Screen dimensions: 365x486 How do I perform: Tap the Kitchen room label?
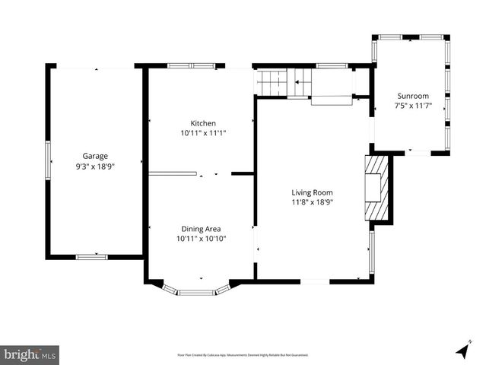tap(203, 123)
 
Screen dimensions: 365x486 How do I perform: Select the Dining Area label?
tap(201, 228)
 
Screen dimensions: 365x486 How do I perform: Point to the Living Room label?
tap(313, 192)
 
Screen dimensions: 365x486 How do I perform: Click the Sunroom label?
tap(413, 97)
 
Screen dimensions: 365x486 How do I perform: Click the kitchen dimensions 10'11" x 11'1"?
tap(203, 133)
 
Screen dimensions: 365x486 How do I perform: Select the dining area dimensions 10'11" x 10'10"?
tap(201, 238)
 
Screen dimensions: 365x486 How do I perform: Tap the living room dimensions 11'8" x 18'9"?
tap(313, 202)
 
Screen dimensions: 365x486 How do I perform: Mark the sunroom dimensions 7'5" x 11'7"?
tap(413, 106)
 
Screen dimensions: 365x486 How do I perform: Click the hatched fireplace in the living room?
tap(376, 187)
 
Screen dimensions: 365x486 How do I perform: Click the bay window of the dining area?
tap(196, 290)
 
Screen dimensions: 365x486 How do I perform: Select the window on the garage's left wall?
tap(48, 160)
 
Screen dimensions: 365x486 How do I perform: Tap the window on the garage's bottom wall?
tap(91, 257)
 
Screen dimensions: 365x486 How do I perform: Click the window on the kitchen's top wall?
tap(192, 66)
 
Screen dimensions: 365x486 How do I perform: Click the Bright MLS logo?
tap(30, 354)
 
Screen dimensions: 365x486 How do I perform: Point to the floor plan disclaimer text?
tap(243, 355)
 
